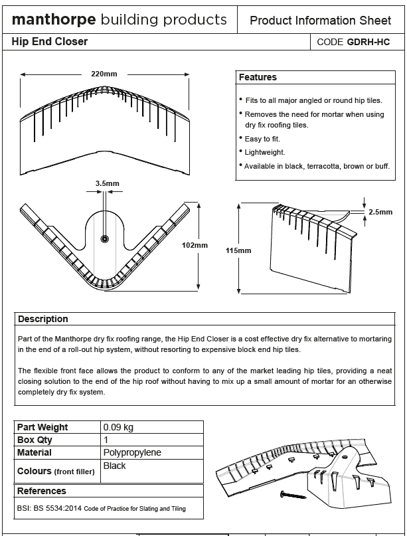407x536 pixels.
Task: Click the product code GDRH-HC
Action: click(x=368, y=42)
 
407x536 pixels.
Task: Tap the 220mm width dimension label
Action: click(x=105, y=73)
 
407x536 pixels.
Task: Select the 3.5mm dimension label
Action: click(x=107, y=183)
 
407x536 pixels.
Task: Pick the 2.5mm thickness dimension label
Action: click(x=380, y=212)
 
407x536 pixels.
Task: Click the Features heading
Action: click(x=258, y=78)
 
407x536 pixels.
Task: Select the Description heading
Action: click(x=43, y=319)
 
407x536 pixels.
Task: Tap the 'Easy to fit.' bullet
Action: click(x=262, y=139)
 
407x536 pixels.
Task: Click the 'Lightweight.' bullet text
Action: click(x=265, y=152)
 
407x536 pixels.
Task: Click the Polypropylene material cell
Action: click(x=132, y=452)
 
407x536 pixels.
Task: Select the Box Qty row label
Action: click(x=35, y=440)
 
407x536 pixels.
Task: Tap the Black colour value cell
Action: click(x=114, y=466)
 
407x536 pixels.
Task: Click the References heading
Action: click(x=41, y=491)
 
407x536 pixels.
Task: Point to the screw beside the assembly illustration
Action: click(x=293, y=495)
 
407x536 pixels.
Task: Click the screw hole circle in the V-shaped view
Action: click(x=104, y=238)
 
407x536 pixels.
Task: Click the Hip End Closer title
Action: click(x=49, y=42)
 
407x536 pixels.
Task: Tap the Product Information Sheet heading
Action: click(x=320, y=21)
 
